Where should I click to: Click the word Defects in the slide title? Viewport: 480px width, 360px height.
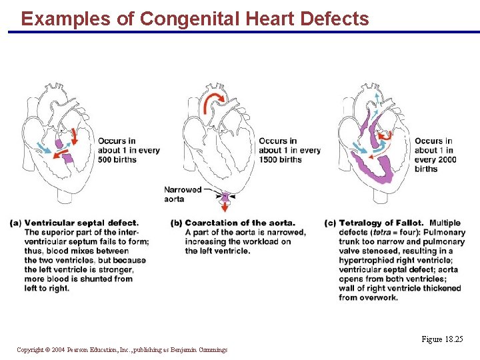tap(335, 19)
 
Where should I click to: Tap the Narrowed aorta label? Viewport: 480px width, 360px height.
tap(183, 194)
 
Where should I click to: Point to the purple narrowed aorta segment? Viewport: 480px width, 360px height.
tap(225, 197)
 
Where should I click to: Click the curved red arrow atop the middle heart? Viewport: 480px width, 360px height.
tap(215, 101)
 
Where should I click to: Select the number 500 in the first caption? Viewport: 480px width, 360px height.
tap(107, 159)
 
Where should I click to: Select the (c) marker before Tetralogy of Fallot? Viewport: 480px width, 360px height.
tap(330, 223)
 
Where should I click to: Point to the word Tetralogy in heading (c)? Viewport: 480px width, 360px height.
tap(361, 223)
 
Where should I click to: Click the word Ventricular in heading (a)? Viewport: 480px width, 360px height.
tap(49, 223)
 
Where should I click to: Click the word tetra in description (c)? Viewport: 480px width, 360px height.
tap(381, 232)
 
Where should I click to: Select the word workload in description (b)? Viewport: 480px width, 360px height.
tap(257, 241)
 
